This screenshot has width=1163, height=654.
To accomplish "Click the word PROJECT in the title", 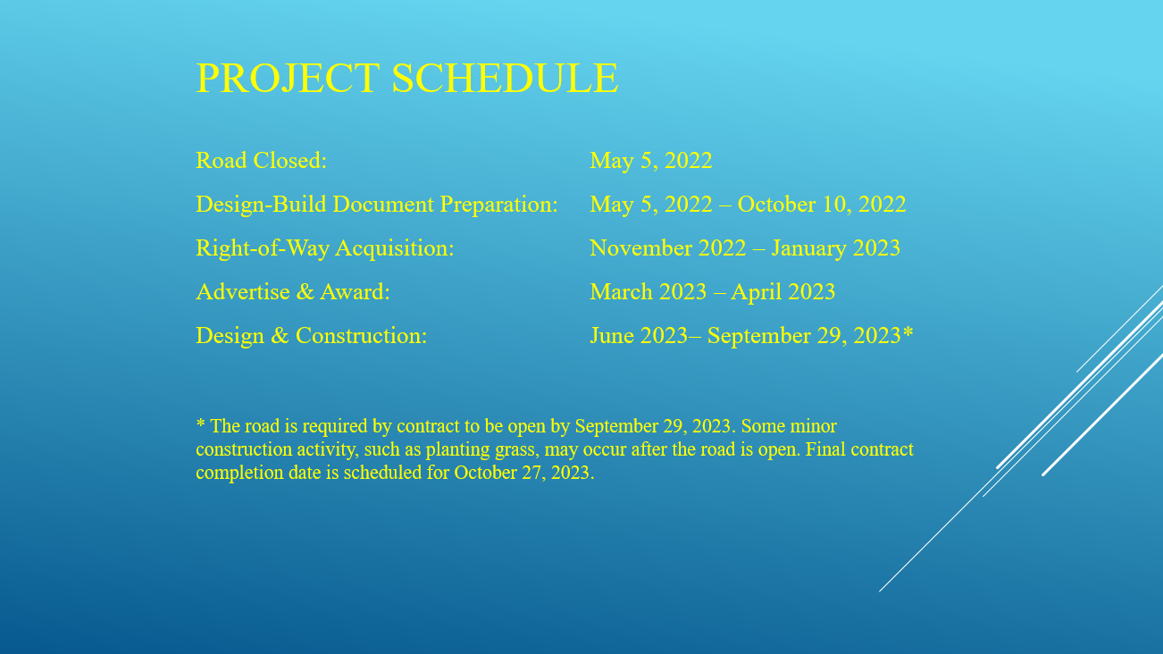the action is pos(288,79).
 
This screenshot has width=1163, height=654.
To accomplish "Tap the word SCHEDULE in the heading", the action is pos(506,78).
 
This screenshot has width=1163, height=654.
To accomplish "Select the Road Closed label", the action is pos(261,161).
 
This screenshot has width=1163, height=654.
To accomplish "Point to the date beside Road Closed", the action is pos(651,161).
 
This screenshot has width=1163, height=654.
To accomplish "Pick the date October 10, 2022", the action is pos(822,205).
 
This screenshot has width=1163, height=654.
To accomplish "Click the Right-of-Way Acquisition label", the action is pos(325,248).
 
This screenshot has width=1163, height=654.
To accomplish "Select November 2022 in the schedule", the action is pos(668,248).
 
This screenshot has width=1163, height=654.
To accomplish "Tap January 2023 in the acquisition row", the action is pos(836,248).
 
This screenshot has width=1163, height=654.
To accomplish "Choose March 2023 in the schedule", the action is pos(648,292).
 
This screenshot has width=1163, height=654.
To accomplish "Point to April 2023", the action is pos(783,292).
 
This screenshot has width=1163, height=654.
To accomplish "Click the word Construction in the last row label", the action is pos(362,336).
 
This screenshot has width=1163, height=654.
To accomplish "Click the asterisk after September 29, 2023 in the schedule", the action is pos(908,332).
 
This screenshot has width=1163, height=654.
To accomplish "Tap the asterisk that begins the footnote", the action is pos(200,423).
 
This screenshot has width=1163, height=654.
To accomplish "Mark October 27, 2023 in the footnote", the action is pos(523,473).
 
